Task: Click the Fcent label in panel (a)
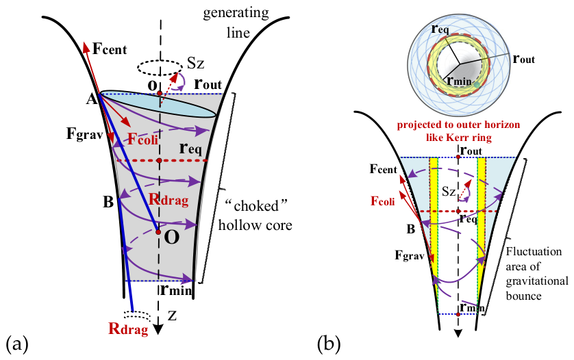110,49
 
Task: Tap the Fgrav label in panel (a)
84,134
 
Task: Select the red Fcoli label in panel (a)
142,139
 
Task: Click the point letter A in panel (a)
91,99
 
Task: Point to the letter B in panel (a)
108,202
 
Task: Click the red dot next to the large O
158,232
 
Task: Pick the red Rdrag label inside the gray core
169,200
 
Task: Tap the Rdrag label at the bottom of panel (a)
128,329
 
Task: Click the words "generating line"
236,23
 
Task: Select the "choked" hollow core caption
255,216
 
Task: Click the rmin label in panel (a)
176,290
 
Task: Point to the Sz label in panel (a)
196,64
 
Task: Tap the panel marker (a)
17,344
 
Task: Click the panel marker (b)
329,344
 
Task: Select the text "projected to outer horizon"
458,125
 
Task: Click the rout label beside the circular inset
524,59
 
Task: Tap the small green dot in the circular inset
476,85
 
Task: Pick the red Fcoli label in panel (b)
382,201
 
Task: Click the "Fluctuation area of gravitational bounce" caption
536,274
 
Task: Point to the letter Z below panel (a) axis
172,316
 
